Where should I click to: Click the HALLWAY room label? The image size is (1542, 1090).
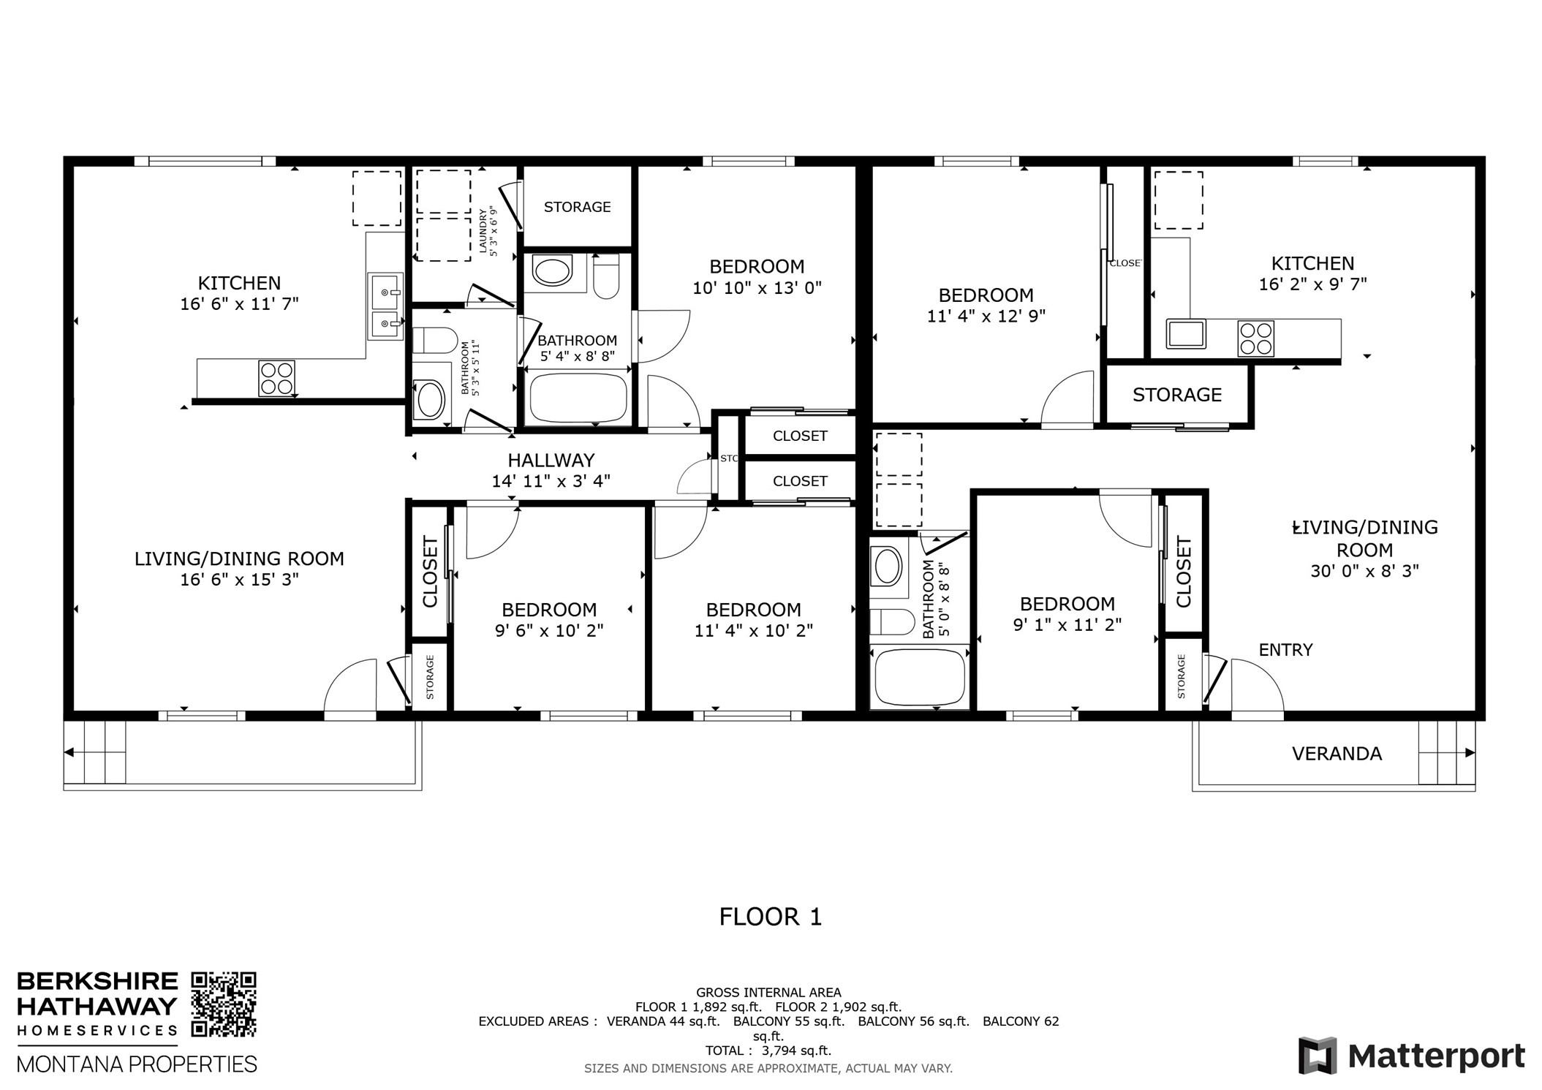point(551,461)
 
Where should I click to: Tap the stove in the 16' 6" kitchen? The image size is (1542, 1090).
point(276,379)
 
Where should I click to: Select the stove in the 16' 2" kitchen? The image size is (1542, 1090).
point(1255,338)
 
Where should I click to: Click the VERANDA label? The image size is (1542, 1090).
point(1336,754)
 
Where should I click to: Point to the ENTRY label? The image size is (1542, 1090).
point(1285,650)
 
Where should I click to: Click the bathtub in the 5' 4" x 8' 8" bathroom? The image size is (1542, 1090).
point(578,398)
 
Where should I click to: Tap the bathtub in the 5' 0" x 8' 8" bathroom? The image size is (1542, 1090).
point(920,677)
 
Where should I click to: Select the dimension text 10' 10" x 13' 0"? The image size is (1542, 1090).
point(757,288)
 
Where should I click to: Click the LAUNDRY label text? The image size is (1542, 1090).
point(483,232)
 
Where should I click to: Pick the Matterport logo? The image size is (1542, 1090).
point(1411,1056)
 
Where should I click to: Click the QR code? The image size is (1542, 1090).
point(224,1004)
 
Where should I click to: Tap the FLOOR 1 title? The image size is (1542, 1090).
point(770,917)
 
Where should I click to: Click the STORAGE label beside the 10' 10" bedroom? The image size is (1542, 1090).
point(577,208)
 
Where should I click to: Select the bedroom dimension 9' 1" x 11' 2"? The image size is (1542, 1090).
point(1067,625)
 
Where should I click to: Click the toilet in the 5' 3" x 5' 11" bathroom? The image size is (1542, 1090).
point(434,341)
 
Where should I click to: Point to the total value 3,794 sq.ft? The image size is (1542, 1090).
point(795,1051)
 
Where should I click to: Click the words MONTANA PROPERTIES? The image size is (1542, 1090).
point(137,1064)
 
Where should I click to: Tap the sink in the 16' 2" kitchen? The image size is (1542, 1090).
point(1186,334)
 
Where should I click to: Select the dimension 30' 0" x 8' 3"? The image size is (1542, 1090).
point(1364,571)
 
